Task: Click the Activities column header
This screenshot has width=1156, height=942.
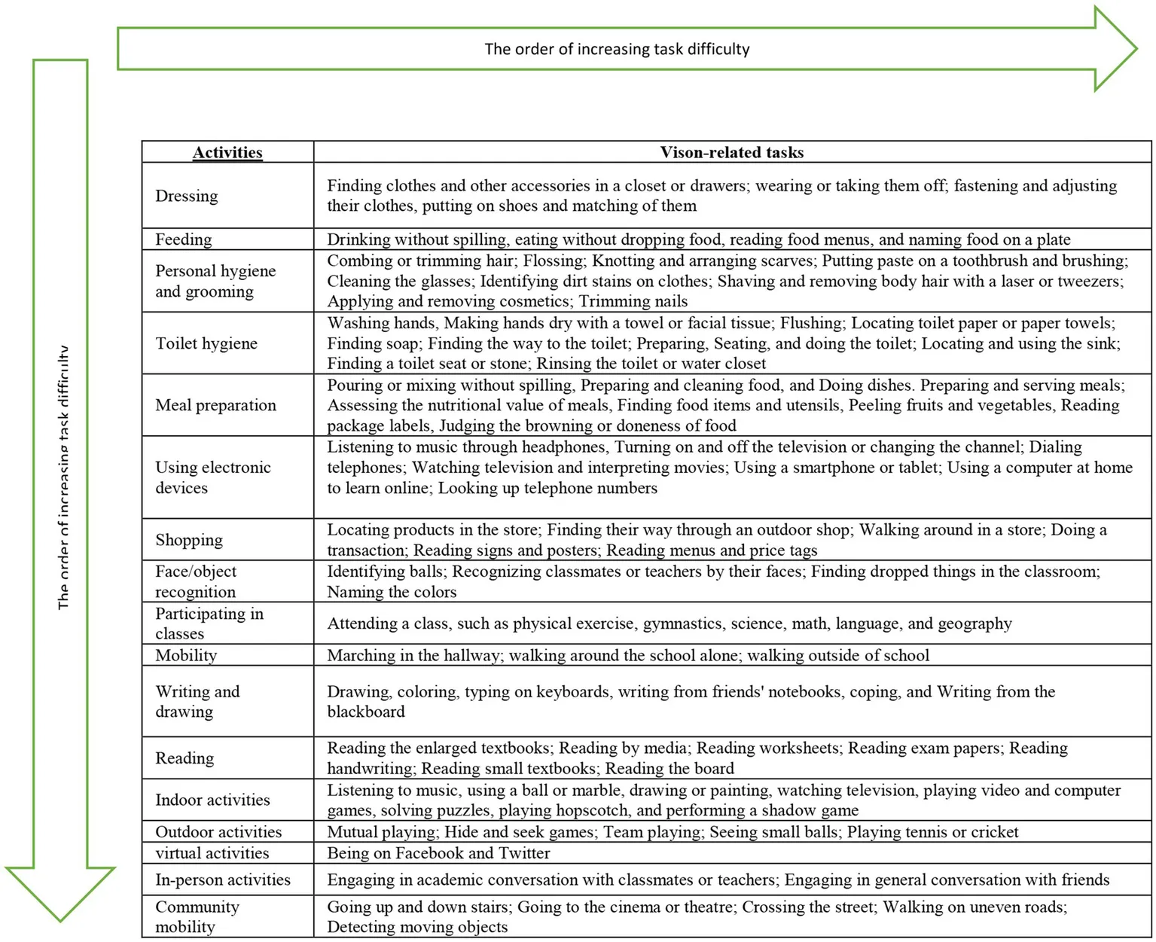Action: pyautogui.click(x=227, y=152)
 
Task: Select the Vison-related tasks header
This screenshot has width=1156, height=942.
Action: pyautogui.click(x=731, y=152)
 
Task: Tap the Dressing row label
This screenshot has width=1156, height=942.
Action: pyautogui.click(x=187, y=196)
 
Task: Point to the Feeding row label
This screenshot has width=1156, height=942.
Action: pyautogui.click(x=184, y=239)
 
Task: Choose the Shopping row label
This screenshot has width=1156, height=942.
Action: pyautogui.click(x=189, y=540)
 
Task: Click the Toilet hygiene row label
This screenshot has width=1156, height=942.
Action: pyautogui.click(x=206, y=343)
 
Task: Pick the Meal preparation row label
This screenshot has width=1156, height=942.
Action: pyautogui.click(x=215, y=405)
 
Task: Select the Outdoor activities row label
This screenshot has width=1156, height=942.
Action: pyautogui.click(x=218, y=832)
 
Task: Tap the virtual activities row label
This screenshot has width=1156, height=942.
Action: pyautogui.click(x=212, y=853)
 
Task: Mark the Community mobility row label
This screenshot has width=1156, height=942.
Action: pyautogui.click(x=197, y=916)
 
